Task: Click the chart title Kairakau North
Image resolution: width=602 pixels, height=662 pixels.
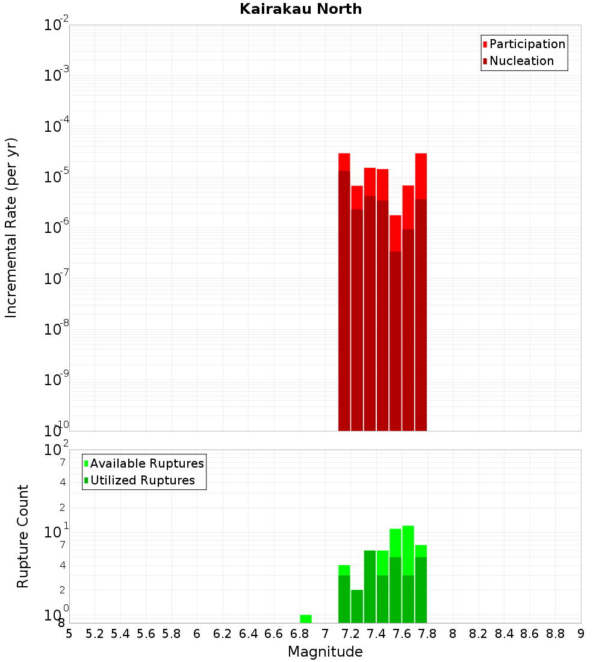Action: (x=300, y=9)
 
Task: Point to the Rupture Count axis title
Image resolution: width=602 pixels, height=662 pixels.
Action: (x=23, y=536)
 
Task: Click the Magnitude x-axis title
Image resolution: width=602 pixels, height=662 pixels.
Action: (x=325, y=652)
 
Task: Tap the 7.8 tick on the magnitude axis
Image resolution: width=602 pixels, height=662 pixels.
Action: (x=453, y=633)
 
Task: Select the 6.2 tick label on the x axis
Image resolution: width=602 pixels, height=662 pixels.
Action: (x=223, y=633)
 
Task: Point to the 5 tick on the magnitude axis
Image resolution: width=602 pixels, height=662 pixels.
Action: (x=69, y=633)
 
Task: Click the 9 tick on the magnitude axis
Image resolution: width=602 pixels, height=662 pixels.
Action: (x=581, y=633)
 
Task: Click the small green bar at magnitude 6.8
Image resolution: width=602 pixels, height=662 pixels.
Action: (x=306, y=619)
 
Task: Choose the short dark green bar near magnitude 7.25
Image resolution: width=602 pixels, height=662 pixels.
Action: (x=357, y=606)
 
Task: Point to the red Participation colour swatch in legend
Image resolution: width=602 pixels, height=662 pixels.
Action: (x=485, y=44)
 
